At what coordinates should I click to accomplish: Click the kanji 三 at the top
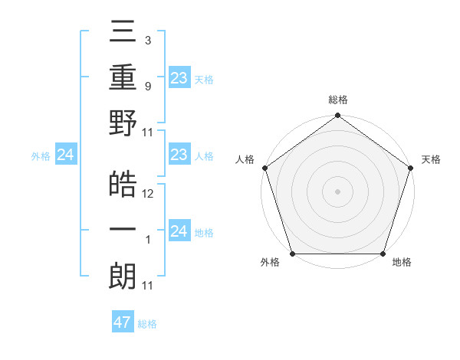tap(123, 35)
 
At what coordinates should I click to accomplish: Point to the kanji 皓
tap(123, 184)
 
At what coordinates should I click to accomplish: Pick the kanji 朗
tap(123, 276)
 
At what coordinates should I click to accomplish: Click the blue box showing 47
tap(123, 322)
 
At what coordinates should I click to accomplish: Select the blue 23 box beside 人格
tap(179, 155)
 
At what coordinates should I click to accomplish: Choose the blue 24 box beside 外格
tap(66, 155)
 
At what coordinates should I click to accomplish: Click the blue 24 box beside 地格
tap(179, 231)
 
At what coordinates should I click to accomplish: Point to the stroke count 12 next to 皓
tap(148, 194)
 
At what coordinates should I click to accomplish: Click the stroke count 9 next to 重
tap(147, 86)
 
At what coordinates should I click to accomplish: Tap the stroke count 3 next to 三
tap(147, 41)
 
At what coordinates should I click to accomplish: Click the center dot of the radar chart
tap(337, 191)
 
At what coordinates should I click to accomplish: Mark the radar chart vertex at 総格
tap(337, 116)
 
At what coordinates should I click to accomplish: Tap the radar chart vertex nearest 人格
tap(265, 168)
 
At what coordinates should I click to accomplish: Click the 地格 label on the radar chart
tap(402, 263)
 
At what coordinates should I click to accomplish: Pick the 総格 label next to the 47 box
tap(147, 323)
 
